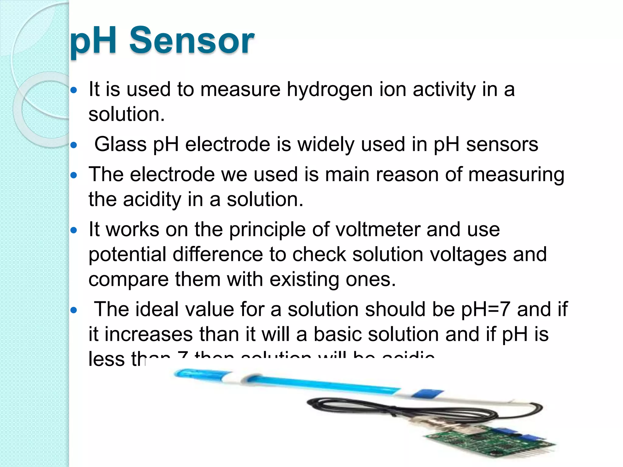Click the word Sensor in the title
192,40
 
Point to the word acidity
152,199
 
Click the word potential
127,255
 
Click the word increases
149,334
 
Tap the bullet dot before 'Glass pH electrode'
74,145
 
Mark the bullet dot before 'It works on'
74,230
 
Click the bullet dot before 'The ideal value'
74,310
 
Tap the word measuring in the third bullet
516,175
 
